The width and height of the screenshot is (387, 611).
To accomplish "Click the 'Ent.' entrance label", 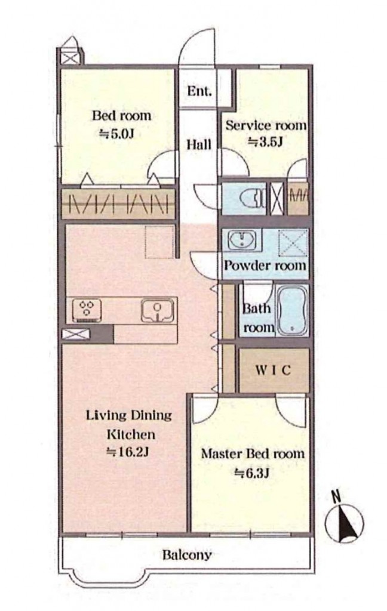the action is [x=199, y=91].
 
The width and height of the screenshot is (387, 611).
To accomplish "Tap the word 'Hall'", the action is [x=199, y=144].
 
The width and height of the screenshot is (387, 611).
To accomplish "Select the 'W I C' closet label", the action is [x=273, y=370].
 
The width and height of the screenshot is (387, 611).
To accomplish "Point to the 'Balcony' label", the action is [x=187, y=554].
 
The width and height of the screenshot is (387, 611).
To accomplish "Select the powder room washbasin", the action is [x=242, y=240].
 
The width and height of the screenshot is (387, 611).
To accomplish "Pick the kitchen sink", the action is [x=158, y=310].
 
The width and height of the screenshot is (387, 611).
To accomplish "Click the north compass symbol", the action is [x=344, y=520].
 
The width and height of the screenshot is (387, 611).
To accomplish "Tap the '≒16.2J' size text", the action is [x=128, y=452].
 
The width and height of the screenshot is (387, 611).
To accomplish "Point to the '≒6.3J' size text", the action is [x=253, y=473].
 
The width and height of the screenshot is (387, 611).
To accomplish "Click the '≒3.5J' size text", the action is [x=265, y=142].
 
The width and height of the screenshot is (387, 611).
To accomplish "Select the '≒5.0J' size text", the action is [x=116, y=134].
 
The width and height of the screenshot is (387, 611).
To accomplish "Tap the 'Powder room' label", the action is [x=265, y=266].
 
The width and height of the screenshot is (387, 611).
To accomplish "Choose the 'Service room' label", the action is [x=266, y=125].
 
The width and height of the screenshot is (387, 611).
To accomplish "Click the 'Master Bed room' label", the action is [x=253, y=454].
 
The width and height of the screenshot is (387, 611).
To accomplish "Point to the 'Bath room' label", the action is [x=257, y=318].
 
